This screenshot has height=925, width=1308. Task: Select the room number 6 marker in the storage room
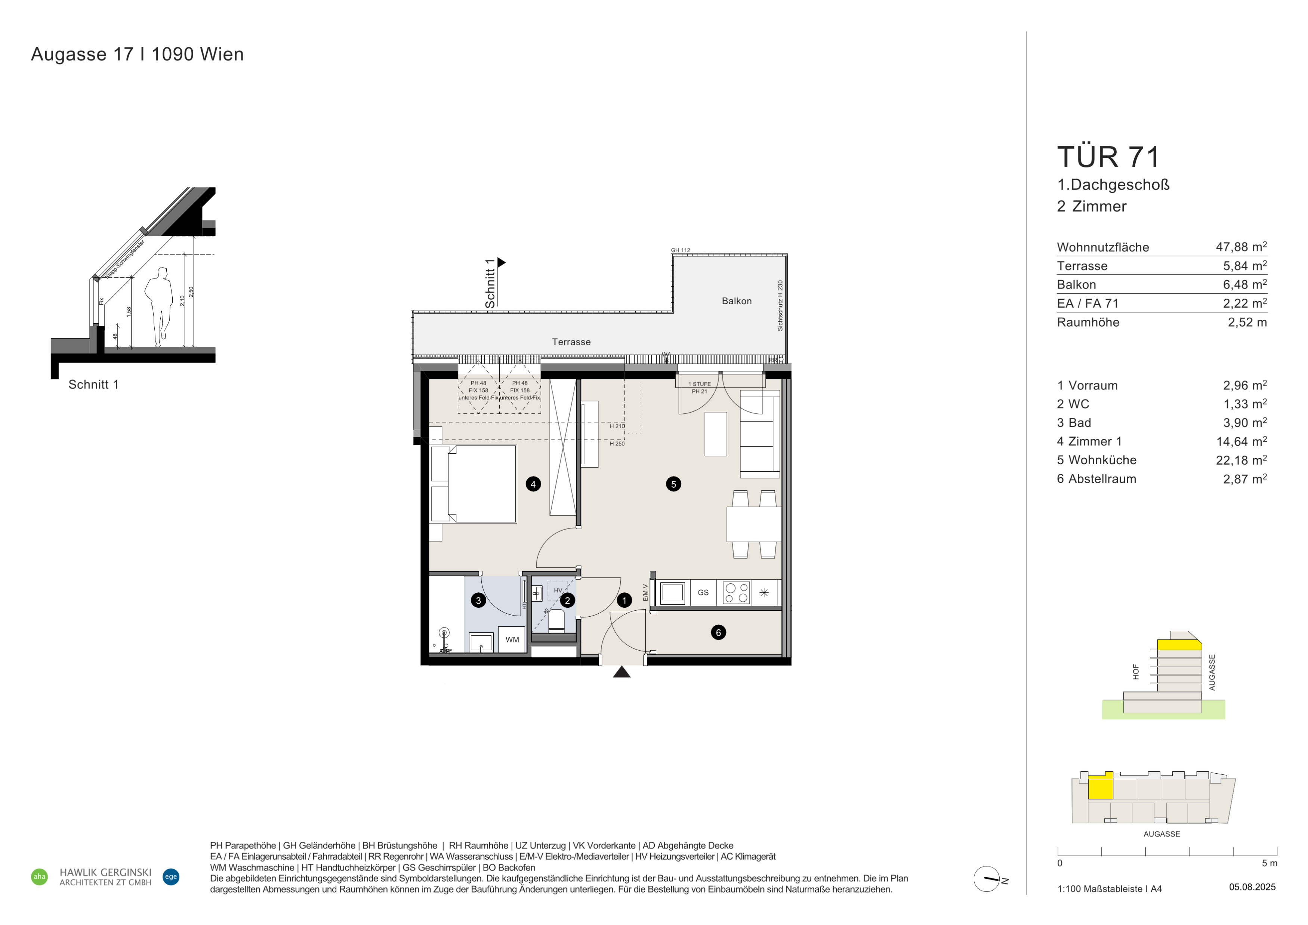(718, 632)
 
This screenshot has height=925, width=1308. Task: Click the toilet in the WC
(556, 622)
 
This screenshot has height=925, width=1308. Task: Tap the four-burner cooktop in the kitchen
(736, 592)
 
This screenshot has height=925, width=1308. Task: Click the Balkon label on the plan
(737, 301)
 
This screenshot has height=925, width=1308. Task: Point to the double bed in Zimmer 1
(474, 484)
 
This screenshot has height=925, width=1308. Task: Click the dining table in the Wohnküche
(754, 524)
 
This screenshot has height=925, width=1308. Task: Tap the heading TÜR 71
(1108, 157)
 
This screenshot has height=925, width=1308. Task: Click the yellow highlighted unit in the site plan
(1101, 787)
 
